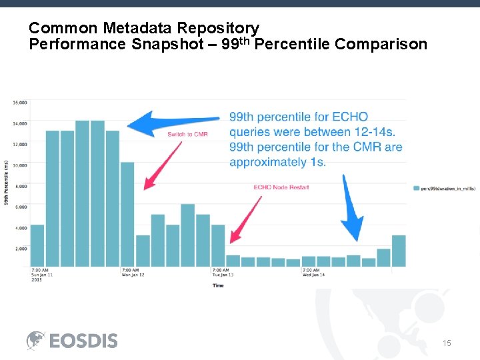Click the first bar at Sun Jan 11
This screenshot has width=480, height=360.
(x=37, y=245)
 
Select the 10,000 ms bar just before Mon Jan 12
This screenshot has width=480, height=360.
(x=127, y=214)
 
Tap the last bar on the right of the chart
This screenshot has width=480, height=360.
(x=399, y=251)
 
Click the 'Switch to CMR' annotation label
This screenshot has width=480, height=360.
(x=187, y=135)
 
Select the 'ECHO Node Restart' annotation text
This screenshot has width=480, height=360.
(x=281, y=187)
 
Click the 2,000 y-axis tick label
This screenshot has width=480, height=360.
(x=20, y=248)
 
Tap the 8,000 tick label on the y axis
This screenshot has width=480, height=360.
(x=20, y=186)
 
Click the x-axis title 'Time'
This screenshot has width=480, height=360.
(x=218, y=285)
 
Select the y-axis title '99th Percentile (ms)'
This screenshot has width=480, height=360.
(x=7, y=183)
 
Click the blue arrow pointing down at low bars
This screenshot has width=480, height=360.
(x=351, y=210)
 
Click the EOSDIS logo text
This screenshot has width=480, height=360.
(x=83, y=341)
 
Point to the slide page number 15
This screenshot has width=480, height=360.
(x=447, y=343)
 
